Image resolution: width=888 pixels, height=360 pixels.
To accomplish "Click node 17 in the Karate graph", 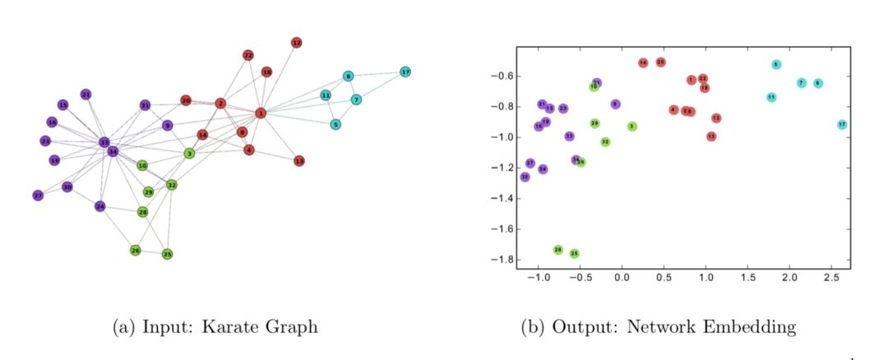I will point(405,72).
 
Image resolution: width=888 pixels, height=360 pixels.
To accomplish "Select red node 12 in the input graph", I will point(297,43).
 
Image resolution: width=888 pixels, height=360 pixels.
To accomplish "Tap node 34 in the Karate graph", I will point(113,151).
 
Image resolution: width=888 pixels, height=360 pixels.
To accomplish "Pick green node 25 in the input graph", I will point(167,254).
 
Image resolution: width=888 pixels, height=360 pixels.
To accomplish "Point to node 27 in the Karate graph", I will point(38,196).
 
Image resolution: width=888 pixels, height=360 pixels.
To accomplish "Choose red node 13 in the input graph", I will point(299,161).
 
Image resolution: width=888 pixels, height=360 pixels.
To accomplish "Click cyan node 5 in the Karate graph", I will point(335,125).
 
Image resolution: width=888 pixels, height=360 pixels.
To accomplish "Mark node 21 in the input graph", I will point(86,95).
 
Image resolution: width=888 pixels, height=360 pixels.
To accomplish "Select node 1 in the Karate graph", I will point(261,113).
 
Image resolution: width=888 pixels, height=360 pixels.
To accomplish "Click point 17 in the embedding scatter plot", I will point(842,125).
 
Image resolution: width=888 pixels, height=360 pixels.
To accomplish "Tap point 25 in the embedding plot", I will point(574,254).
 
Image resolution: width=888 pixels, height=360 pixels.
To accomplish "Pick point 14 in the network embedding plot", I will point(643,62).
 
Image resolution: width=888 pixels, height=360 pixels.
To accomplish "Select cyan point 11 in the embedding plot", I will point(771,97).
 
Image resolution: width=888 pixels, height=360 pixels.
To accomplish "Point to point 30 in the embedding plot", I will point(525,177).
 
